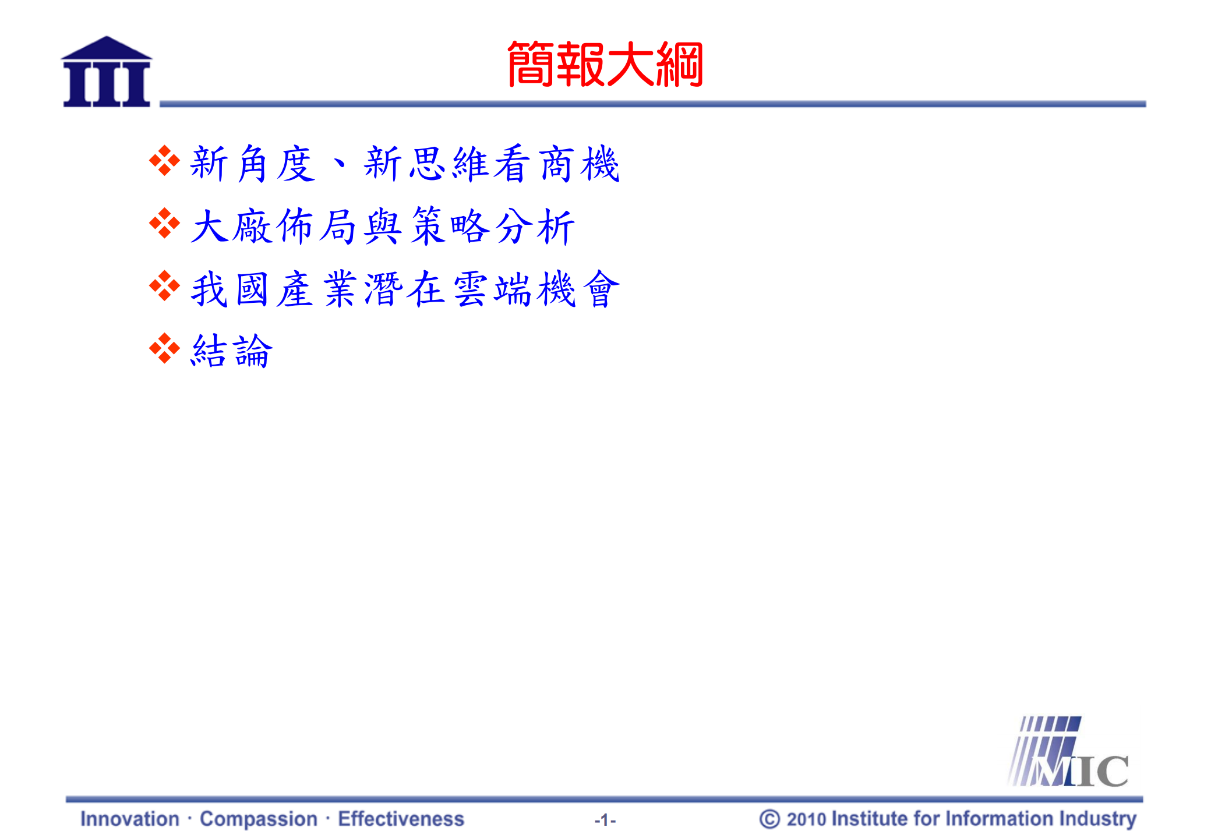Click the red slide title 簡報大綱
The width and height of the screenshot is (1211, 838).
click(x=605, y=65)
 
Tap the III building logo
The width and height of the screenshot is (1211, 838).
click(x=107, y=72)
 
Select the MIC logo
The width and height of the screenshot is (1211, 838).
click(x=1068, y=753)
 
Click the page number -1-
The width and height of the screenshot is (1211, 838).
click(x=605, y=820)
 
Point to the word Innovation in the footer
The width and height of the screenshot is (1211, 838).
click(x=130, y=819)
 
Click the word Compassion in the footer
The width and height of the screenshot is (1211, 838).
click(x=259, y=819)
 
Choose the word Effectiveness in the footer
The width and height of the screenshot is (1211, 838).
click(x=401, y=819)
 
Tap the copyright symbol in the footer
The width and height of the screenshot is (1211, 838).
click(x=769, y=819)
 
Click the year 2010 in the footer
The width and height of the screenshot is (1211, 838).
click(x=806, y=819)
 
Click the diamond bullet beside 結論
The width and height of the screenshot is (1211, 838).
click(x=164, y=349)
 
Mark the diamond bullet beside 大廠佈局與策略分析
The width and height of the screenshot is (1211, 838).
click(x=164, y=223)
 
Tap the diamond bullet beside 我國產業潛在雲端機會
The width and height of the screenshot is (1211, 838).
click(x=164, y=286)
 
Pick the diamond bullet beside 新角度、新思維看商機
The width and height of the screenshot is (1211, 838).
click(x=164, y=161)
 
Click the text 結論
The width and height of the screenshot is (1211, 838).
click(x=232, y=351)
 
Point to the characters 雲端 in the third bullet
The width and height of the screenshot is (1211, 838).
click(x=492, y=289)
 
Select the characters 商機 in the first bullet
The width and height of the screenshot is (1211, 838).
click(x=578, y=164)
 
